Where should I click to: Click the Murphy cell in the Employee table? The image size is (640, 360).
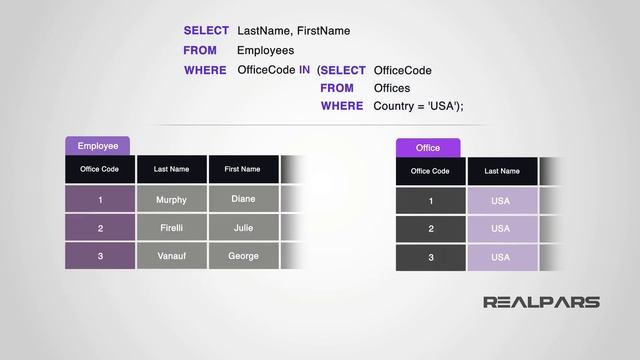(x=171, y=200)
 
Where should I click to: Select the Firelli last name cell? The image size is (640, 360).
(x=171, y=228)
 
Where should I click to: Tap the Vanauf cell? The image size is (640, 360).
(x=171, y=256)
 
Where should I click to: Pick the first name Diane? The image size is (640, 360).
(x=243, y=199)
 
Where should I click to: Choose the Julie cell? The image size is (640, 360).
(x=243, y=227)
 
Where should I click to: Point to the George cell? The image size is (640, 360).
(x=243, y=256)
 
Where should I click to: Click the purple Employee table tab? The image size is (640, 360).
(x=98, y=146)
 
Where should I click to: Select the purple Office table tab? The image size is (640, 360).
(x=428, y=148)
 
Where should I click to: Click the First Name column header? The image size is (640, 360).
(x=242, y=169)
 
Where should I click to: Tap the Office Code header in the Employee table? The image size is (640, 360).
(x=100, y=169)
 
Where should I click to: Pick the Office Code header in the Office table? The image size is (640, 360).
(x=430, y=171)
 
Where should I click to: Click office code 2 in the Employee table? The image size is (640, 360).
(x=100, y=228)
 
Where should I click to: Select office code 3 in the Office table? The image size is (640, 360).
(x=430, y=257)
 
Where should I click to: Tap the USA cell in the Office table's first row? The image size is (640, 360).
(x=501, y=201)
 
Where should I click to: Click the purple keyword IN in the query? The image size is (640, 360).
(x=304, y=70)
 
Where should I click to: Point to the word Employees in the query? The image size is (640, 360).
(x=265, y=50)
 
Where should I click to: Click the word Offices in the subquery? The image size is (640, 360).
(x=392, y=88)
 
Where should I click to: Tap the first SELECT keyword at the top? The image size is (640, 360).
(x=206, y=31)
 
